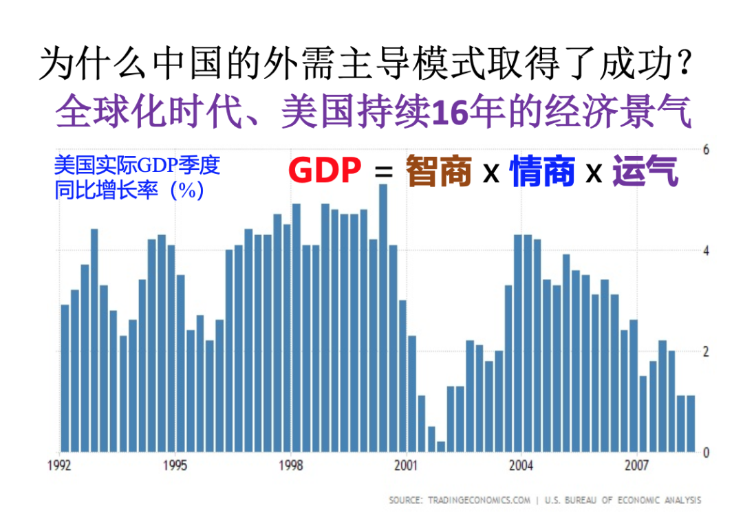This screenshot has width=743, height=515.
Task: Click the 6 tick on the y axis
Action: (x=705, y=150)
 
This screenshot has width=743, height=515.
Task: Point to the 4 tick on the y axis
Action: (x=705, y=251)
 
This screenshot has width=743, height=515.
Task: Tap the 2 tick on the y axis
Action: (x=705, y=352)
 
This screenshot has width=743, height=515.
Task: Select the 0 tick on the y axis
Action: (x=705, y=453)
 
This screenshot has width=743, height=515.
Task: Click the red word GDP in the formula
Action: (x=325, y=171)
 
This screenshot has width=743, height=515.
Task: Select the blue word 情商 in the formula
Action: (x=542, y=171)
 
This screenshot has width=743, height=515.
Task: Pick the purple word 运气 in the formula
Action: (x=645, y=171)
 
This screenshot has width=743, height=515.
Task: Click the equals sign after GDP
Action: (x=383, y=173)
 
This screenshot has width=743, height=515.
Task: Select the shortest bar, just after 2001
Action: (x=441, y=446)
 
